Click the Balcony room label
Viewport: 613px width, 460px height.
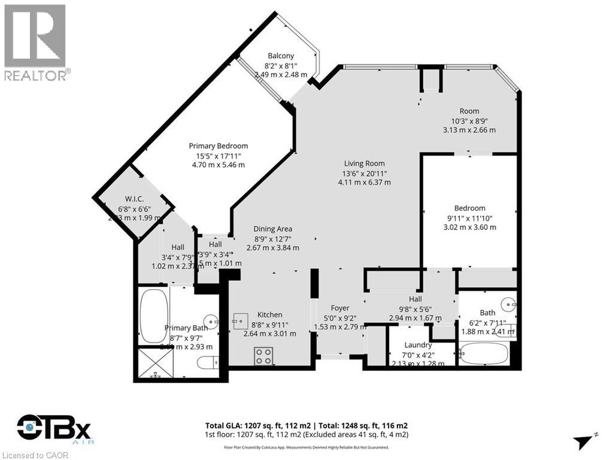click(x=281, y=56)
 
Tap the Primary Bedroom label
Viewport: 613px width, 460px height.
click(x=219, y=146)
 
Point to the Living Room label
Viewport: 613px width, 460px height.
click(x=364, y=163)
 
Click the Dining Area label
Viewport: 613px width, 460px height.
click(x=272, y=228)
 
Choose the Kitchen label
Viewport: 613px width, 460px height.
click(x=269, y=314)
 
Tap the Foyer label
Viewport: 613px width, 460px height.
click(x=340, y=308)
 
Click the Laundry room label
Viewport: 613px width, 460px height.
click(x=418, y=345)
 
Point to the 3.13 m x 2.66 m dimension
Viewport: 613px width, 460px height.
click(x=469, y=130)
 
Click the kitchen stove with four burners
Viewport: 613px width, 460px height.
click(x=263, y=356)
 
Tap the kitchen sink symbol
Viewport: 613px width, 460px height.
click(x=240, y=320)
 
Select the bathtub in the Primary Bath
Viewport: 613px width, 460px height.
click(x=153, y=315)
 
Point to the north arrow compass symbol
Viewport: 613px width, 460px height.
click(x=584, y=442)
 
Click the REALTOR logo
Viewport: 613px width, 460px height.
click(x=35, y=42)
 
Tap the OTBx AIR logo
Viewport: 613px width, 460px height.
click(x=54, y=429)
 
